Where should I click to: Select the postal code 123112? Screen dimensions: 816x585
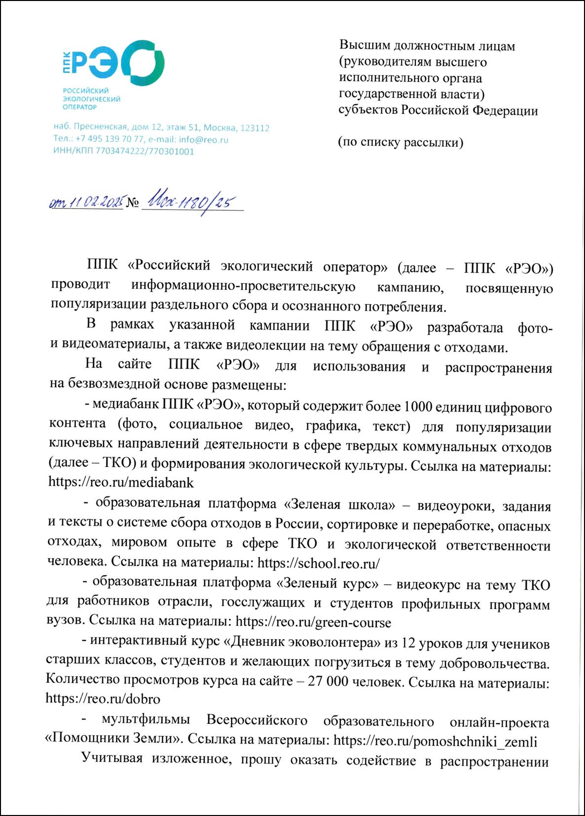254,128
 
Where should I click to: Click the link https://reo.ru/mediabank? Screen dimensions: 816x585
121,482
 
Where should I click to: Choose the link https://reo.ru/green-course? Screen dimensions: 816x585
314,622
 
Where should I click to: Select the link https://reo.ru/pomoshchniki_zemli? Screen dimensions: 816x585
435,741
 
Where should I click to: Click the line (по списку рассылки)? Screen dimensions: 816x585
401,143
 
